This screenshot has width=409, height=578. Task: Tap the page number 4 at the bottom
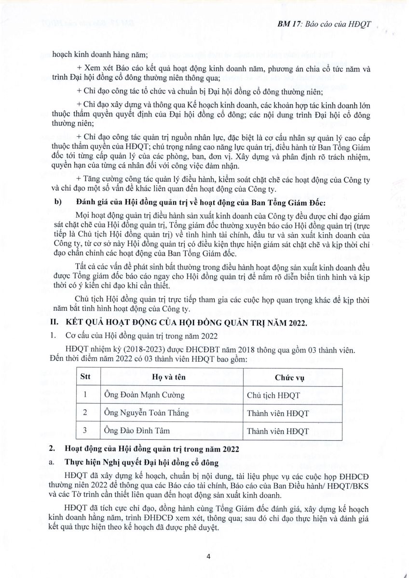tap(208, 557)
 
